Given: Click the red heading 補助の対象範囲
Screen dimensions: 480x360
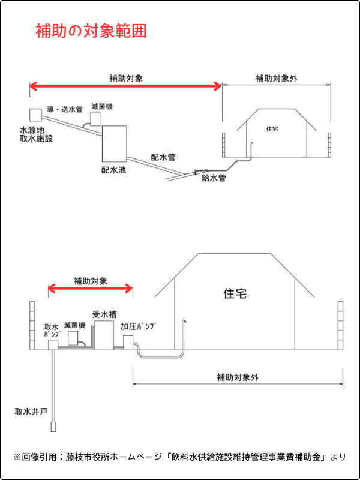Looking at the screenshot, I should pos(91,31).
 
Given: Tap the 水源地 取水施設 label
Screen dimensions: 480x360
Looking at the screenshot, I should pos(37,134).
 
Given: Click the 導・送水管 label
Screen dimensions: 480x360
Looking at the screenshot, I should pos(65,109).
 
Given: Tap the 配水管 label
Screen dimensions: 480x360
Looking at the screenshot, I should pos(163,157).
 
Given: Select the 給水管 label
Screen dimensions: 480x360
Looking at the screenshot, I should pos(213,178).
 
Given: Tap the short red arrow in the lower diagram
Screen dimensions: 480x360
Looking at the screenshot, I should pos(90,289).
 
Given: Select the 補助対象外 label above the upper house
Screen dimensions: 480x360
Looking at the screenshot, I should pos(276,78).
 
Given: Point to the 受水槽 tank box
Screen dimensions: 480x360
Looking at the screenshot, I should pos(104,335).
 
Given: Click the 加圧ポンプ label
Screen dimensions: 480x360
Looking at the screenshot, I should pos(137,326).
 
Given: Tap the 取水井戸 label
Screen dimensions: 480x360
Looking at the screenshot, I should pos(31,412).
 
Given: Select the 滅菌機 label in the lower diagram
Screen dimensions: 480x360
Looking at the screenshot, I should pos(74,325).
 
